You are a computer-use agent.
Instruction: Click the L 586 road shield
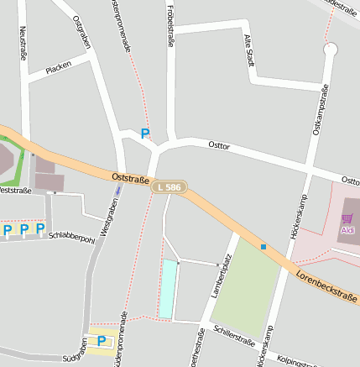pyautogui.click(x=169, y=187)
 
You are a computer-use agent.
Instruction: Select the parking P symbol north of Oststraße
pyautogui.click(x=144, y=133)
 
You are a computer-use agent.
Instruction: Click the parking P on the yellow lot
pyautogui.click(x=102, y=340)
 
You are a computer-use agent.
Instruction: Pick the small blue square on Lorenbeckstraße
pyautogui.click(x=263, y=247)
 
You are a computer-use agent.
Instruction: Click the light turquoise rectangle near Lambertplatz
pyautogui.click(x=168, y=289)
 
